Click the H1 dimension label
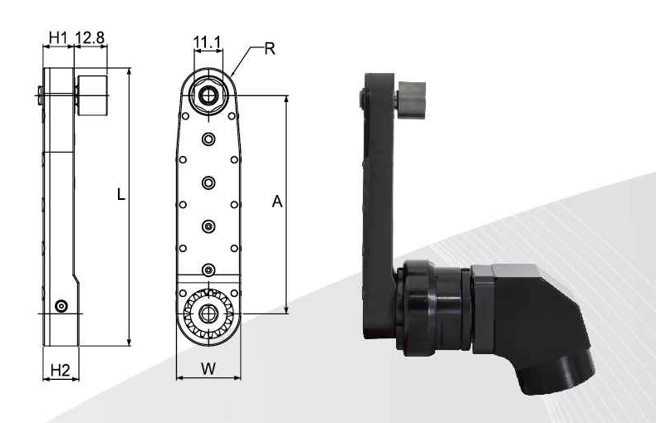click(x=58, y=37)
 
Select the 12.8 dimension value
click(x=90, y=37)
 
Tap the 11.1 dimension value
click(x=207, y=41)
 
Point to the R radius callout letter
click(x=270, y=49)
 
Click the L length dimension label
click(x=121, y=194)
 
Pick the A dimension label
click(x=277, y=202)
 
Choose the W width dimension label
click(x=208, y=368)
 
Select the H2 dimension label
click(x=60, y=370)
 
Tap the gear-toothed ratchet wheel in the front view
click(x=208, y=314)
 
